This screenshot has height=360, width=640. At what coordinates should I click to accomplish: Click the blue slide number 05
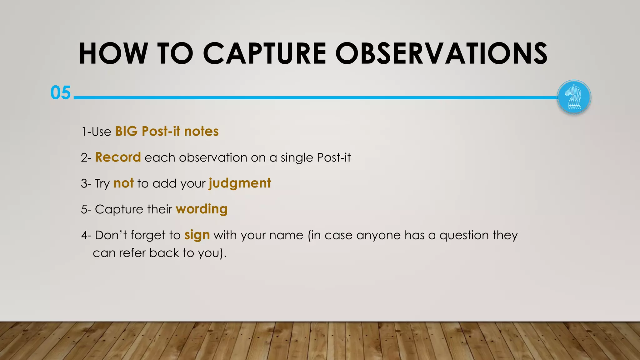coord(61,93)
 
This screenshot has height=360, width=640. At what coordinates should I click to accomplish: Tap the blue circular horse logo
coord(574,97)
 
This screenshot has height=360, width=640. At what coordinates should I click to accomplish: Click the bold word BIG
coord(126,131)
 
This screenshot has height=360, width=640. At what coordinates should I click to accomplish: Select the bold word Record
coord(118,157)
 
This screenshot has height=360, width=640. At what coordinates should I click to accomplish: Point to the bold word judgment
coord(240,183)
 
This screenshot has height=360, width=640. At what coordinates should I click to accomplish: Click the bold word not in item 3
coord(123,183)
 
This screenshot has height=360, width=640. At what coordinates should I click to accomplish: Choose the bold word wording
coord(202,209)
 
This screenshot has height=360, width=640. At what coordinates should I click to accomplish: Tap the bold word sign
coord(197,235)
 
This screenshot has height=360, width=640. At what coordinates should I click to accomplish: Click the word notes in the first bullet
coord(201,131)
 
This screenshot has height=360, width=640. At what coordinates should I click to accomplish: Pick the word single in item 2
coord(297,157)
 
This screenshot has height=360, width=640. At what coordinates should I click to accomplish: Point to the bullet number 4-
coord(86,235)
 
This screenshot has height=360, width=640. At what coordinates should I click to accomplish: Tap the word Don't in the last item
coord(111,235)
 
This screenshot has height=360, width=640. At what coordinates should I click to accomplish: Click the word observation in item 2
coord(213,157)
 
